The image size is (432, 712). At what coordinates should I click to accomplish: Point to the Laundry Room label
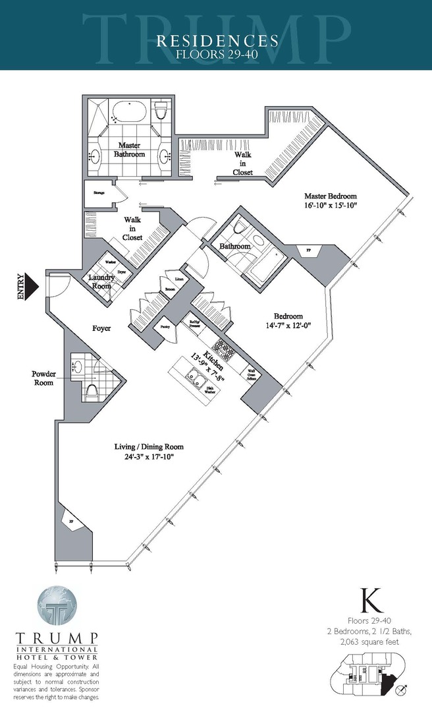pyautogui.click(x=101, y=282)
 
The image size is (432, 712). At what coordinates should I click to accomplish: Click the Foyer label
pyautogui.click(x=100, y=327)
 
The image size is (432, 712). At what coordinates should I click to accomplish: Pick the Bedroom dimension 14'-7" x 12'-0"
pyautogui.click(x=288, y=325)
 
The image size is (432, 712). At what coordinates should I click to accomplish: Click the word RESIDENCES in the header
pyautogui.click(x=217, y=41)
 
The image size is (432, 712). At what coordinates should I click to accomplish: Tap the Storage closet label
pyautogui.click(x=99, y=193)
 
